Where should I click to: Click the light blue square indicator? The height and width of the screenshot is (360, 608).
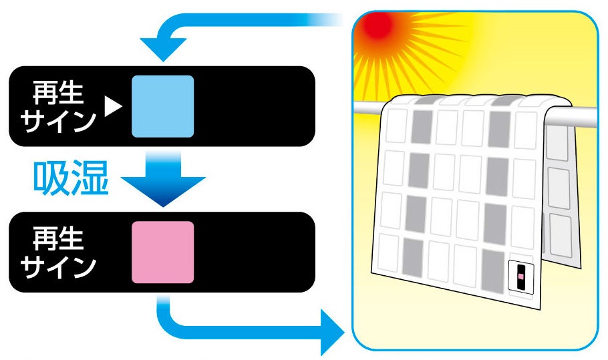coord(162,106)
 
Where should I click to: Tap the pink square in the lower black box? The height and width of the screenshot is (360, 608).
coord(162,252)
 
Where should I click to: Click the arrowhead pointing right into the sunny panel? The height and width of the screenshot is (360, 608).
coord(331,329)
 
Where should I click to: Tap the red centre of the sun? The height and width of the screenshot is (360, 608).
coord(378,27)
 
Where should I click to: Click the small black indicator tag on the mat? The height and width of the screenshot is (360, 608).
coord(520,275)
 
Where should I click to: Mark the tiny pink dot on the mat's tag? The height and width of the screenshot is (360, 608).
coord(520,275)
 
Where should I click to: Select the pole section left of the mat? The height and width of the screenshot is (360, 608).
coord(368,108)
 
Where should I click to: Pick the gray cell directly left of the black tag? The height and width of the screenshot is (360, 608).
coord(493,269)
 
